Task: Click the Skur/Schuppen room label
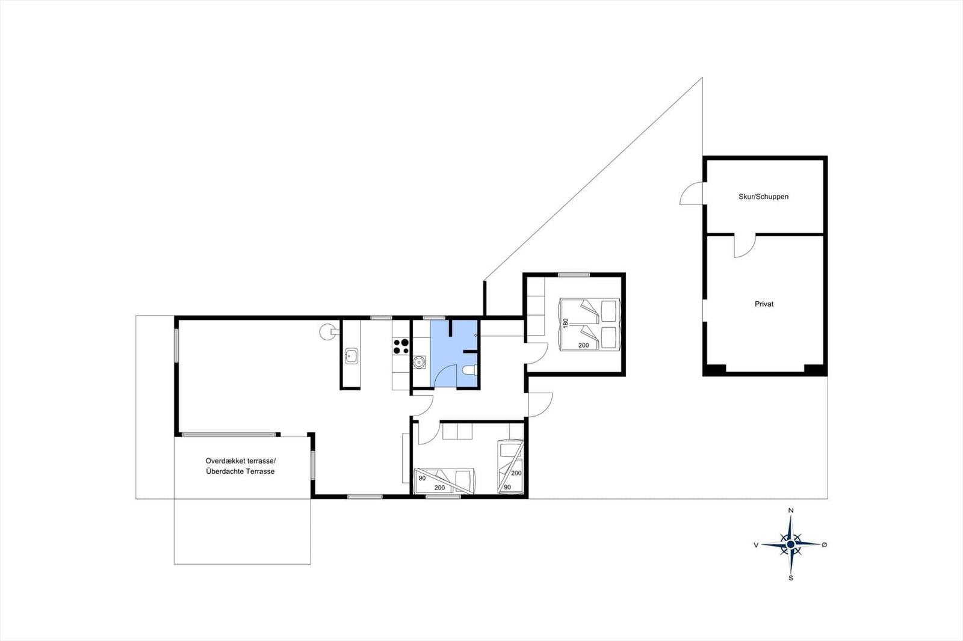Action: coord(764,197)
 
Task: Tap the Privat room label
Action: coord(764,304)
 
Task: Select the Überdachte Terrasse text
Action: coord(240,471)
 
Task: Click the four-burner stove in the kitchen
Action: coord(401,346)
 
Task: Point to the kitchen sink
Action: coord(351,356)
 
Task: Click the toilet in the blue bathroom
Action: coord(469,370)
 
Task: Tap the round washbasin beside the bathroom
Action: coord(419,363)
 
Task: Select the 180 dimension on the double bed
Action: coord(565,323)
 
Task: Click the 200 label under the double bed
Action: coord(583,345)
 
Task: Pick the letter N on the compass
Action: coord(791,511)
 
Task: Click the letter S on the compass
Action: coord(791,578)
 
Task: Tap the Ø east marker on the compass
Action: coord(824,544)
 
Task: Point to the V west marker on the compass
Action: coord(756,545)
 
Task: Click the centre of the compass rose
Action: coord(791,544)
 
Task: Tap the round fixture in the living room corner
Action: coord(326,332)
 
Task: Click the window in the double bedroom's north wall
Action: coord(574,275)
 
